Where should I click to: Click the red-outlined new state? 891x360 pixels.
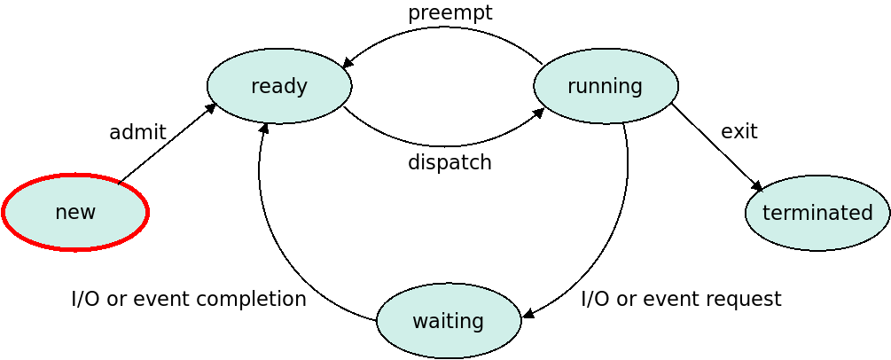click(x=75, y=212)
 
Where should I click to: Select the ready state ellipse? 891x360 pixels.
click(x=279, y=86)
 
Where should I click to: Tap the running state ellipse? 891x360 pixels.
click(x=606, y=86)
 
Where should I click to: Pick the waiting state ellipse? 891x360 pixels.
click(x=449, y=321)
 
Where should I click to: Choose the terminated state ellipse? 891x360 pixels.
click(x=817, y=213)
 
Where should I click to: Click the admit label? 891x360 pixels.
click(x=137, y=132)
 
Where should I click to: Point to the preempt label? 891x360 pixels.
click(x=450, y=13)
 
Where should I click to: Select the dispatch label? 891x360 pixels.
click(x=449, y=162)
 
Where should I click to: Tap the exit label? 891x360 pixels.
click(x=739, y=131)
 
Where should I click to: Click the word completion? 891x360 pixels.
click(x=249, y=298)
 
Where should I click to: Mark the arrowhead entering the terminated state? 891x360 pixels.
click(x=757, y=186)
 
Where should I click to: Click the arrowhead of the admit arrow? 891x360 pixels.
click(x=209, y=109)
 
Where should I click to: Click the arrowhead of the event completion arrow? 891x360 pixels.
click(x=263, y=129)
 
